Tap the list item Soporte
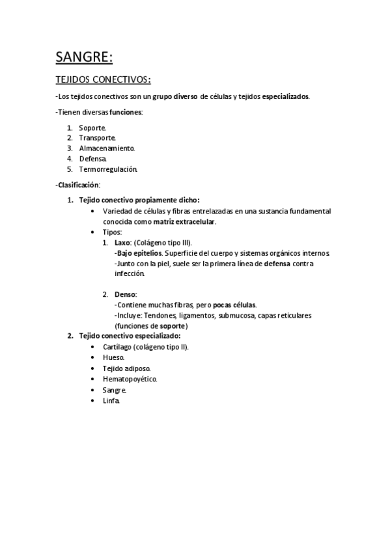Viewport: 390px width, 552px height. click(92, 128)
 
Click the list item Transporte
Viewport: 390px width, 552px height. click(98, 138)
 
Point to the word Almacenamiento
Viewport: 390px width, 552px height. click(107, 148)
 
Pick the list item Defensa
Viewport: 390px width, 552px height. click(92, 159)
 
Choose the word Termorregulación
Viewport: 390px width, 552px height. click(108, 169)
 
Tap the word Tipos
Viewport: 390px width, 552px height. click(113, 232)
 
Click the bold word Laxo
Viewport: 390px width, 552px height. click(122, 242)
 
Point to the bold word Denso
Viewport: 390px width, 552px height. click(126, 294)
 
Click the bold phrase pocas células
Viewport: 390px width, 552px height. click(234, 305)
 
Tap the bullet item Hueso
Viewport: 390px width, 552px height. click(113, 357)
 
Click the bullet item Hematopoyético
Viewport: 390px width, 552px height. click(130, 378)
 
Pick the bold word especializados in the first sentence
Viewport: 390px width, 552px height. click(286, 96)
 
